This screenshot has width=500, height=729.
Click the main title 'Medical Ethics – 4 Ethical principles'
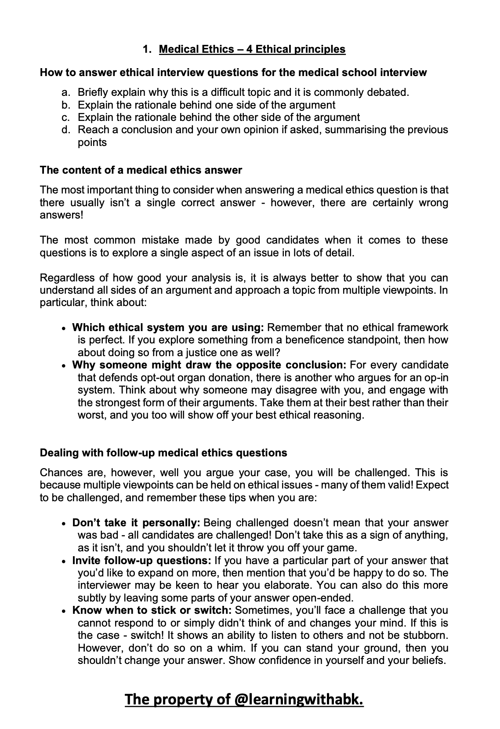coord(252,49)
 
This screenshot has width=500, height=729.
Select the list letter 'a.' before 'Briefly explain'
coord(67,93)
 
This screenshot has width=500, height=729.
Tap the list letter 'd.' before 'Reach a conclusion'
coord(67,130)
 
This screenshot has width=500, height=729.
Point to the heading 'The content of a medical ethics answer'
coord(141,170)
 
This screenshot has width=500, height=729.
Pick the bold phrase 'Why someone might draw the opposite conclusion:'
coord(209,365)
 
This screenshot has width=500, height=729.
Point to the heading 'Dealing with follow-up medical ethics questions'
coord(163,453)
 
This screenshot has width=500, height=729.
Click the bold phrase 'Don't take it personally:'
coord(136,523)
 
